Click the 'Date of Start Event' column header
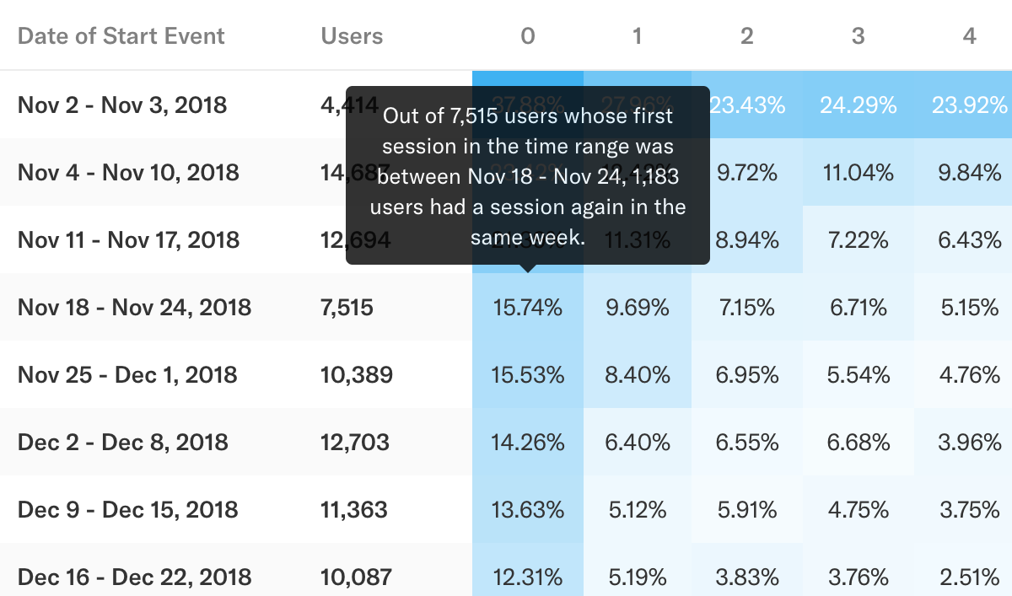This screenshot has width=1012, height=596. point(121,36)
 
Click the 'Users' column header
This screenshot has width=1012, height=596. point(352,36)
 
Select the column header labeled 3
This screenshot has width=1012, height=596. point(858,36)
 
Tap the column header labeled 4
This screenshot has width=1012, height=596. point(969,36)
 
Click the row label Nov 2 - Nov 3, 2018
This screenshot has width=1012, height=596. point(122,105)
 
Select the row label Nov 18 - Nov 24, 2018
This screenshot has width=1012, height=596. point(134,308)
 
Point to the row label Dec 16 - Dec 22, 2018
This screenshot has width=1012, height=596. point(134,577)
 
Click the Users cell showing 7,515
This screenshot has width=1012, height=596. point(347,308)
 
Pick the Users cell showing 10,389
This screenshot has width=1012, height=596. point(357,375)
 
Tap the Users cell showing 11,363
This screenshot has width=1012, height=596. point(354,510)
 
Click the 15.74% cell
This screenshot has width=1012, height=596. point(527,308)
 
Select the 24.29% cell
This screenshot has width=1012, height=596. point(858,105)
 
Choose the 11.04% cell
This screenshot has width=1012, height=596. point(858,173)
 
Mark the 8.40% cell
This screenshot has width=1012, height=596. point(637,375)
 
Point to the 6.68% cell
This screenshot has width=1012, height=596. point(858,443)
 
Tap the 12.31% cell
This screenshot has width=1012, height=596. point(527,577)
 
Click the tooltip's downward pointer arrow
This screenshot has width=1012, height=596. point(528,269)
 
